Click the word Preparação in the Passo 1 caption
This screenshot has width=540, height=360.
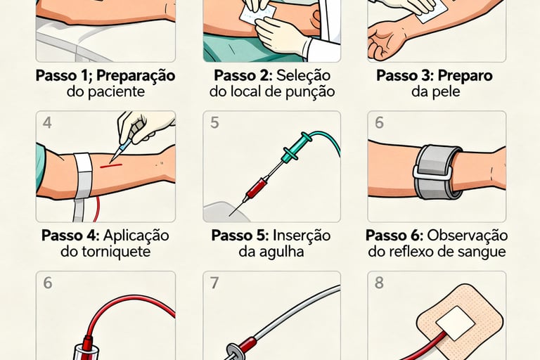(138, 75)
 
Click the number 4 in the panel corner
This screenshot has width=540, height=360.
(47, 122)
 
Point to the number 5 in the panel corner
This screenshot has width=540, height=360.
(214, 122)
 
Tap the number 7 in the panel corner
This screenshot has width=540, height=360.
(214, 283)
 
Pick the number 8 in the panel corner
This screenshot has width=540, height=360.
(380, 283)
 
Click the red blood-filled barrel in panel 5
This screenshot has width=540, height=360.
(257, 186)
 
